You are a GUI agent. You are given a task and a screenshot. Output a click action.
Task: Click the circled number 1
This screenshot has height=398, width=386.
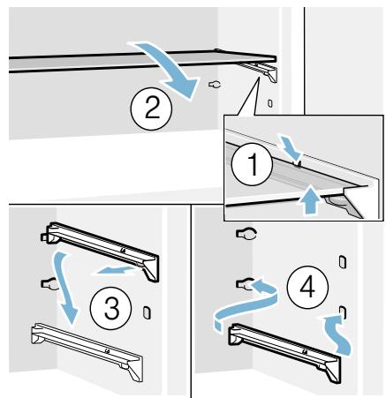tap(252, 165)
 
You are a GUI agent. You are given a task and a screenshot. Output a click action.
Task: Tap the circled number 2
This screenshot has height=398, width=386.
tap(151, 109)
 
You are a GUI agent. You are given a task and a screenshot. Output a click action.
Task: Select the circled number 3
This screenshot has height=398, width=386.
tap(111, 308)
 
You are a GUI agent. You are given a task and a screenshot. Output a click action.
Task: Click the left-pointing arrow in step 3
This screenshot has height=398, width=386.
tap(116, 269)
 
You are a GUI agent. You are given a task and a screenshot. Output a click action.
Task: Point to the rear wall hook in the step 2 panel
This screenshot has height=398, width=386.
tap(215, 85)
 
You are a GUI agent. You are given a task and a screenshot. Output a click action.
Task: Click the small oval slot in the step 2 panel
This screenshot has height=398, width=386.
tap(270, 103)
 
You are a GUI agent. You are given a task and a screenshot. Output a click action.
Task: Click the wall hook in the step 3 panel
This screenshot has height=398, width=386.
tap(49, 284)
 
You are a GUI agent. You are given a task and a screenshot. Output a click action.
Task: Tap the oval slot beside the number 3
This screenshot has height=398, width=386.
tap(147, 312)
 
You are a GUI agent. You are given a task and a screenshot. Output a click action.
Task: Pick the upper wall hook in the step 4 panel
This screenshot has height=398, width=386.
tap(246, 234)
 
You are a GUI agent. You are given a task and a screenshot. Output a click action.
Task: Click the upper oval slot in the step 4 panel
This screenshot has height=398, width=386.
tap(343, 261)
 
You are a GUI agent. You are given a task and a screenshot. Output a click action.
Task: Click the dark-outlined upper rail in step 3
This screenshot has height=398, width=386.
tap(100, 250)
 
